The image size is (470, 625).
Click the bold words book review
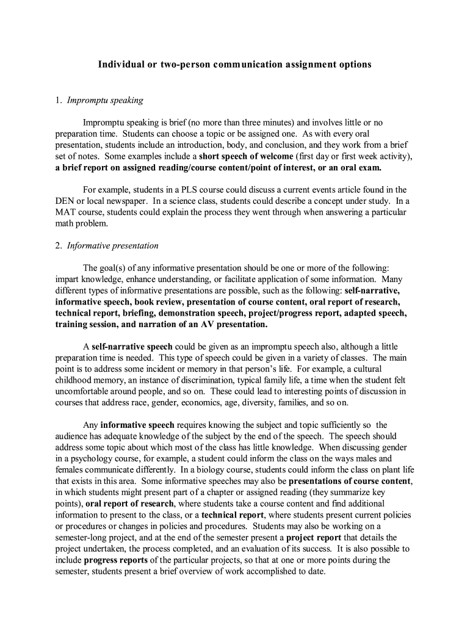tap(159, 302)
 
